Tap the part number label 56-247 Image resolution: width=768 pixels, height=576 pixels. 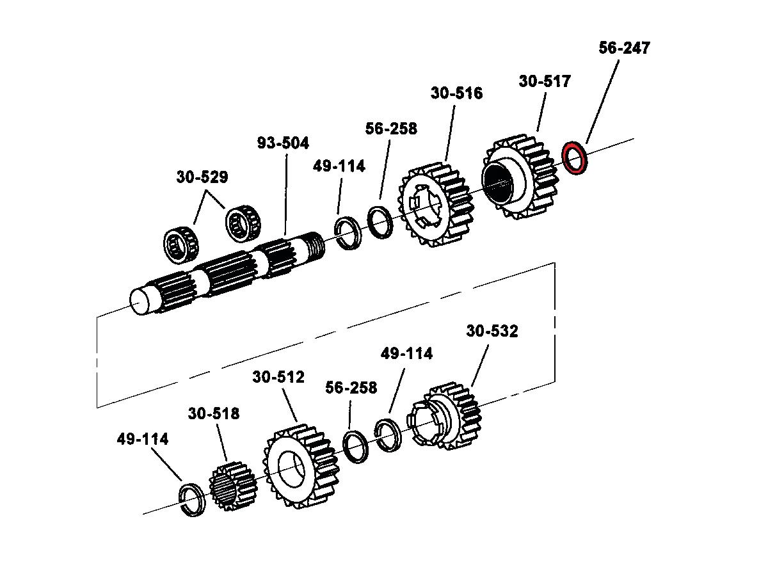[x=624, y=48]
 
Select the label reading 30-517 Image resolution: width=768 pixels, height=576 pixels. [x=545, y=82]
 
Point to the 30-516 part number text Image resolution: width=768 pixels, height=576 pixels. [x=456, y=93]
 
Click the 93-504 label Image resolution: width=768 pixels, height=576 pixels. [x=283, y=143]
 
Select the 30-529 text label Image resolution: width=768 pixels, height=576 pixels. [x=202, y=177]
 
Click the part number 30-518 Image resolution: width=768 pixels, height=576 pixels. [x=214, y=414]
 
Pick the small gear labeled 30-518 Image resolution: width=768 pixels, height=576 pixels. [x=232, y=484]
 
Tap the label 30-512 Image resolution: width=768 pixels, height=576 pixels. [x=278, y=377]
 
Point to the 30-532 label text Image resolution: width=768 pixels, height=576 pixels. [x=492, y=332]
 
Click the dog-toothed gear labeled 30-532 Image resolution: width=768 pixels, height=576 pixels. [x=448, y=417]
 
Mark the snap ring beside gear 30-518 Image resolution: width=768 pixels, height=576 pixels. [x=191, y=499]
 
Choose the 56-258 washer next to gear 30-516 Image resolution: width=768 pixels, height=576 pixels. [x=381, y=221]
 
